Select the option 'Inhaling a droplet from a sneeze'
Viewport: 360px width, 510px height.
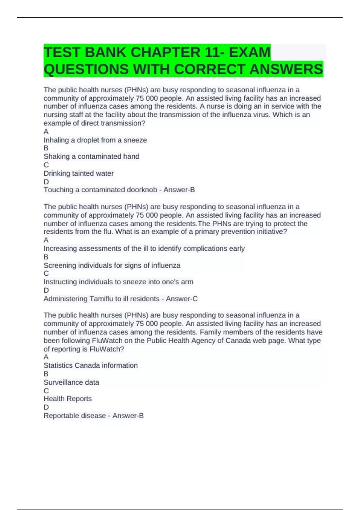pos(95,140)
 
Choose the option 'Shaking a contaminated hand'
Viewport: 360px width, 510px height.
pos(91,156)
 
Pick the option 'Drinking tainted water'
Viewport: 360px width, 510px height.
pos(78,173)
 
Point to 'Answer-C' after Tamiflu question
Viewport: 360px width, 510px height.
pos(181,299)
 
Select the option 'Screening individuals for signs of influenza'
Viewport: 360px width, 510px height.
pos(112,265)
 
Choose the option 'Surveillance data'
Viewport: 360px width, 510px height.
pos(71,382)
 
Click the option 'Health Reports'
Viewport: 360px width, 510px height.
pos(67,399)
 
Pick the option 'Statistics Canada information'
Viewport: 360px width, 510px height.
pos(91,365)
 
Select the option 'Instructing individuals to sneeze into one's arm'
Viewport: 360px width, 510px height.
pos(118,282)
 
